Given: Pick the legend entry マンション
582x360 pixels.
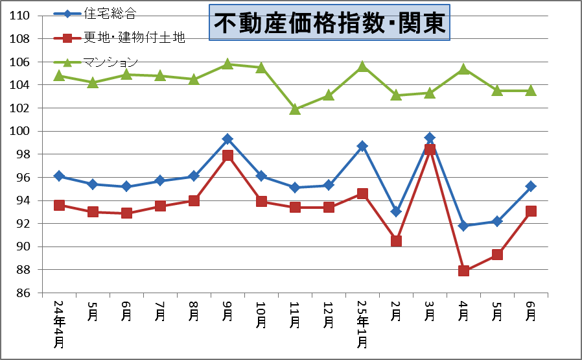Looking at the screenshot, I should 110,62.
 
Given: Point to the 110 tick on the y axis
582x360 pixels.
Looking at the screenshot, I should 22,16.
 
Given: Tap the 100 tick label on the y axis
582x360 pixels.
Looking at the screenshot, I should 22,131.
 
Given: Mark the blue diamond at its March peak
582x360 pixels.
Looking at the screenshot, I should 430,138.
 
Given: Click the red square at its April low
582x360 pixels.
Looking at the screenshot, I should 463,270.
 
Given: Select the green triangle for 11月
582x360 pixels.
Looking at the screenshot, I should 295,109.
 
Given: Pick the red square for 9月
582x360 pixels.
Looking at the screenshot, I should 227,156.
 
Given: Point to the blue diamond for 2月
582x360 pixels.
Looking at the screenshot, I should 396,211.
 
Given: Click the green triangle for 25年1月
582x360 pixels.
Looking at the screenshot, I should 362,66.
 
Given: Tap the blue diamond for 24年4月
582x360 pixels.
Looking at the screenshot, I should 59,176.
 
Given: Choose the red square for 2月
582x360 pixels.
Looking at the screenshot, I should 396,241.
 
